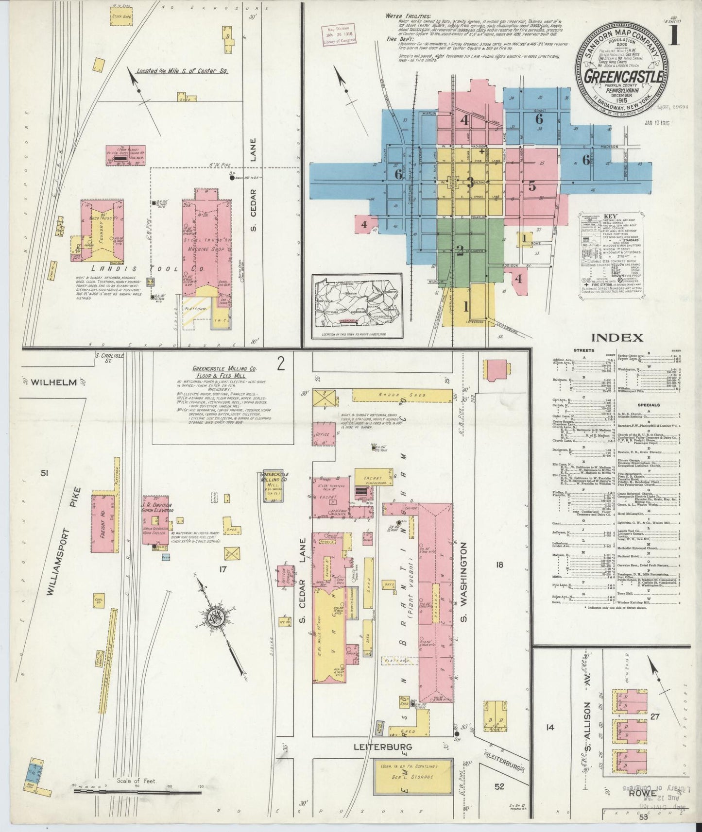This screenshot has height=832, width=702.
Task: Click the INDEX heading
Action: click(x=617, y=338)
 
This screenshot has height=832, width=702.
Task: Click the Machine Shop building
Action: click(x=205, y=243)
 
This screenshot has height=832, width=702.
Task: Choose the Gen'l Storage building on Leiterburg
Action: click(x=413, y=778)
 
